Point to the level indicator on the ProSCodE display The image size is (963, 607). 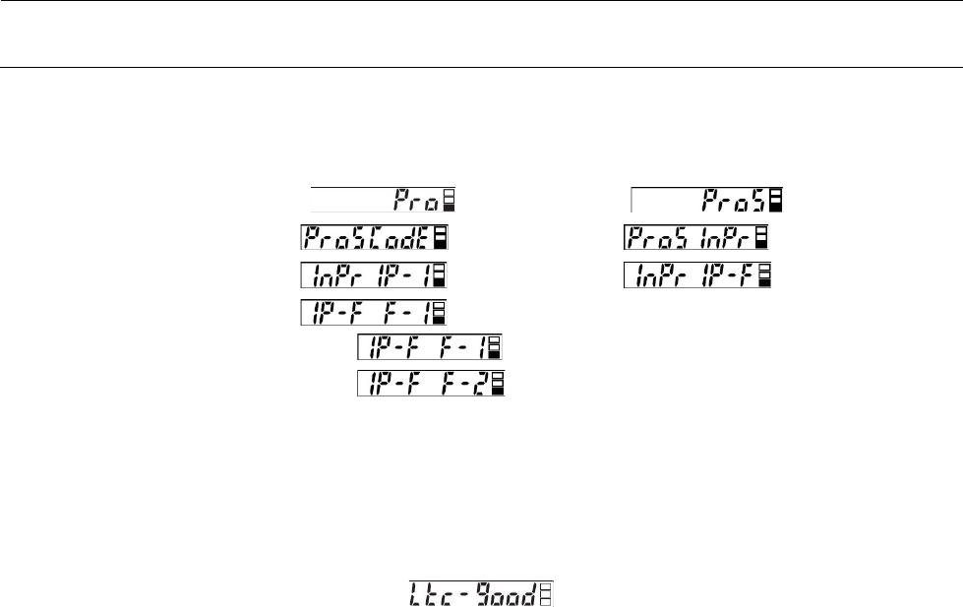click(x=440, y=238)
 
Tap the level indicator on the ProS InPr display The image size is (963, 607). click(x=761, y=238)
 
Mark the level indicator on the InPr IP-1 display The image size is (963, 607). click(x=440, y=275)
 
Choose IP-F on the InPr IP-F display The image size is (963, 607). click(x=727, y=275)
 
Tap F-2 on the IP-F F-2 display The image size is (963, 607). click(x=462, y=385)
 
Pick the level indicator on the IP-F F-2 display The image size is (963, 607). click(x=498, y=385)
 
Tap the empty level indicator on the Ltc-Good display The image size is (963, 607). click(x=546, y=593)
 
